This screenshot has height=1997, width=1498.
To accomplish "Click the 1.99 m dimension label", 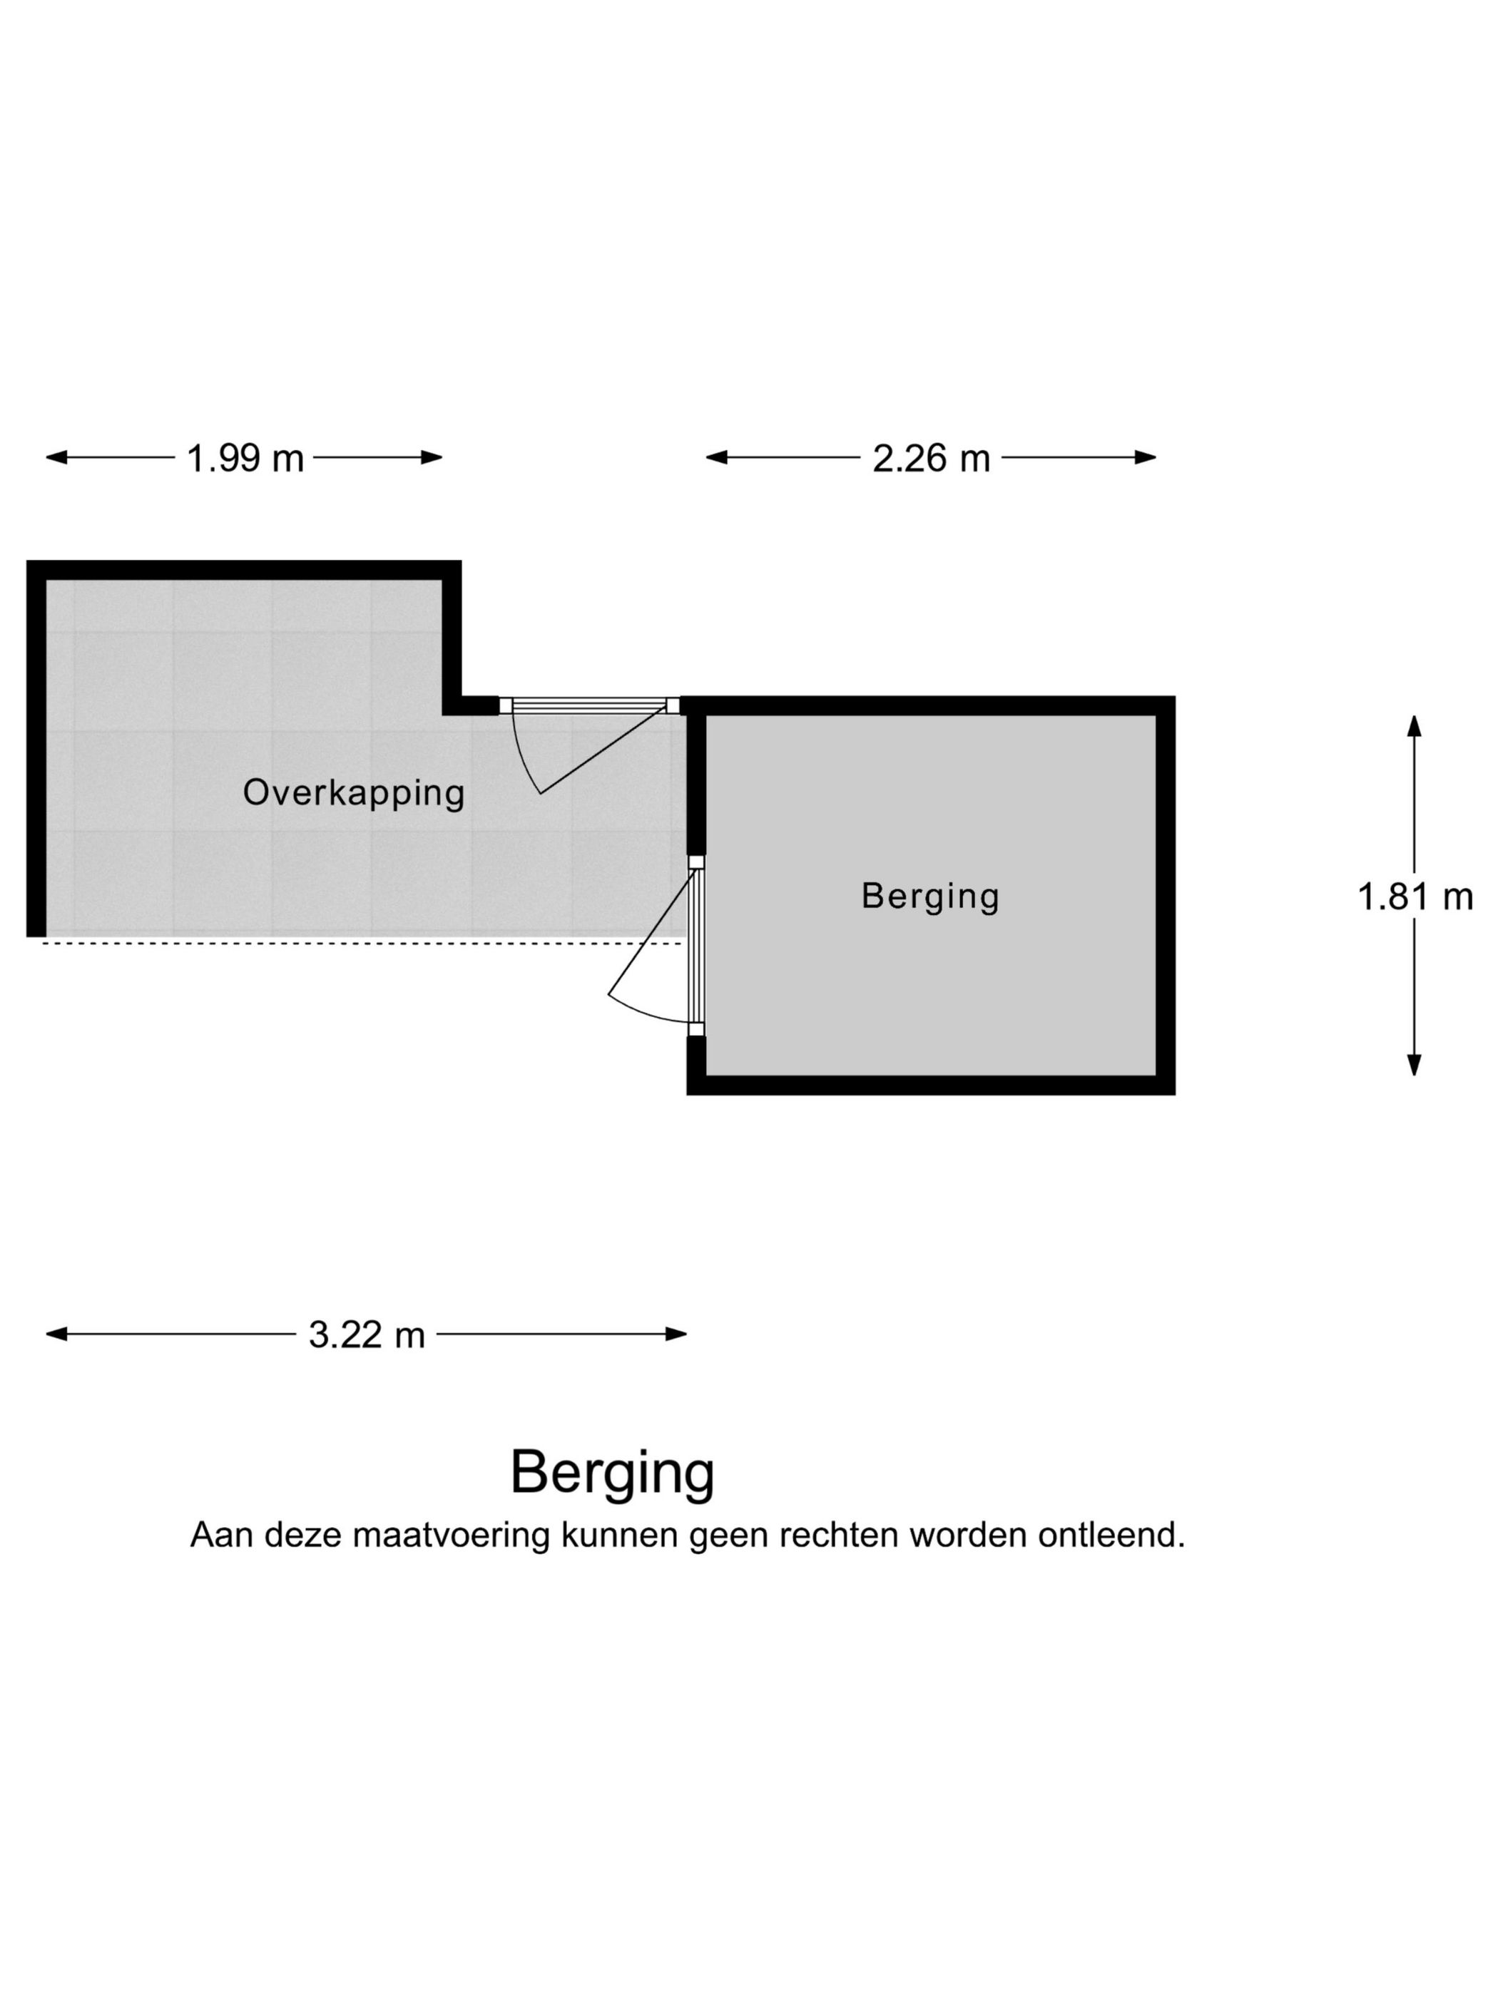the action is pos(245,458).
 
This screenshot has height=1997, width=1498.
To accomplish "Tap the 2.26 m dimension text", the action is pos(930,458).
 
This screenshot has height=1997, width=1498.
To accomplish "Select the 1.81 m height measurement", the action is pos(1415,897).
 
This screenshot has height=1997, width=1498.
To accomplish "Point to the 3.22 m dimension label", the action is pos(367,1334).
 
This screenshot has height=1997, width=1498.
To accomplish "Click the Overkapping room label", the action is pos(354,792).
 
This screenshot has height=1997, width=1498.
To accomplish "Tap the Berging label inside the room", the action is pos(930,896).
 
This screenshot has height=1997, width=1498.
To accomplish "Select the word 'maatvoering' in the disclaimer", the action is pos(451,1535).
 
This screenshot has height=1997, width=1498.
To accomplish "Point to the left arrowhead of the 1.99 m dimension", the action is pos(56,457).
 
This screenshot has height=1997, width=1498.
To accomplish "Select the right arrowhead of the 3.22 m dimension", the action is pos(676,1334).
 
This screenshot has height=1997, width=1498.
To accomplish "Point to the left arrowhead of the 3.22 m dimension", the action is pos(56,1334).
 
